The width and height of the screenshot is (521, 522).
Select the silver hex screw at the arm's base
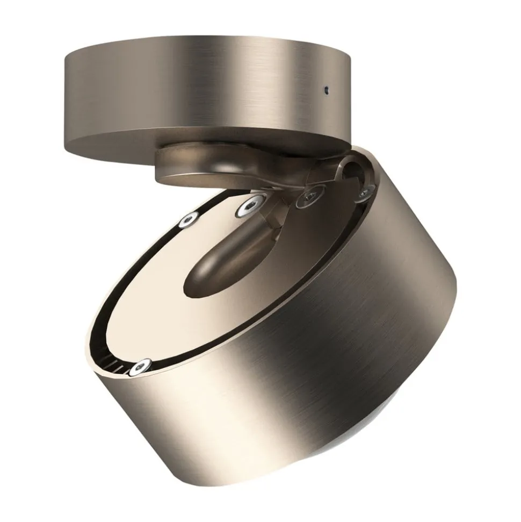pyautogui.click(x=251, y=205)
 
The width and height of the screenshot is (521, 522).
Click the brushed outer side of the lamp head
pyautogui.click(x=349, y=349)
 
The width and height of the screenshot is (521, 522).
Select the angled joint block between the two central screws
pyautogui.click(x=279, y=207)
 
